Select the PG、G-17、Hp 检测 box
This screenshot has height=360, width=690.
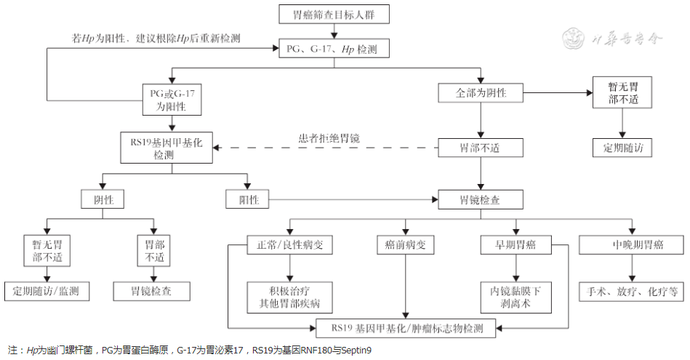coord(334,49)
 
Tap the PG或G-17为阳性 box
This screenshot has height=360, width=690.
coord(172,99)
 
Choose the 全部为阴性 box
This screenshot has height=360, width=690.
coord(481,93)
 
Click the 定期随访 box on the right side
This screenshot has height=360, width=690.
coord(622,148)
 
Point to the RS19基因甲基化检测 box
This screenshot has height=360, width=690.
coord(168,148)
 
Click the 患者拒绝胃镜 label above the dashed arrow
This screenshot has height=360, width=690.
coord(329,137)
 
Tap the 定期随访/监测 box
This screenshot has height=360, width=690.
coord(47,291)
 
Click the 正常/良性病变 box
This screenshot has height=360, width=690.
coord(280,245)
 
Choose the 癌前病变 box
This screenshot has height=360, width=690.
coord(405,245)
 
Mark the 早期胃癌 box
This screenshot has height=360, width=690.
coord(516,245)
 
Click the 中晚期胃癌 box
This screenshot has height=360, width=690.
coord(631,245)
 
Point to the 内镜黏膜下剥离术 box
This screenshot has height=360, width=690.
coord(516,297)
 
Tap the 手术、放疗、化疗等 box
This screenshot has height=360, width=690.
coord(631,291)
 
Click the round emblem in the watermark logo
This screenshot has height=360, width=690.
coord(575,39)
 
